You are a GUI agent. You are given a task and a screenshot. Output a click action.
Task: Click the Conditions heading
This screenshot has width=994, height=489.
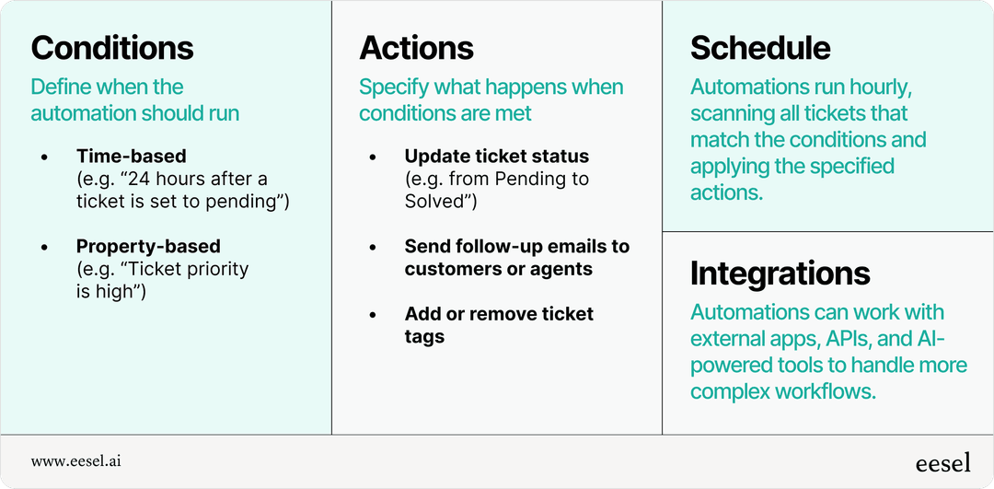(112, 48)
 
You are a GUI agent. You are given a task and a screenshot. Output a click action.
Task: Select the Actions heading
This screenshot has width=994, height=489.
(417, 48)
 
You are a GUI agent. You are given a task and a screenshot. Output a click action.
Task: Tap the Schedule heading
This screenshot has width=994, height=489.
(760, 48)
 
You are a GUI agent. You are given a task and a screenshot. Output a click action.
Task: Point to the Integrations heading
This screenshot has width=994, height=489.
(780, 273)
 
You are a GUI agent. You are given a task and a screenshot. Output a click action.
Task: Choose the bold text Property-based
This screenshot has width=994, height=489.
(148, 247)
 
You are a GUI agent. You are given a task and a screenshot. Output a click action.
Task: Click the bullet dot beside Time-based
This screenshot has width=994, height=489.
(45, 157)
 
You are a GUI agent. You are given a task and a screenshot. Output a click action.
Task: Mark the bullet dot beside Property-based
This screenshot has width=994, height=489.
(45, 248)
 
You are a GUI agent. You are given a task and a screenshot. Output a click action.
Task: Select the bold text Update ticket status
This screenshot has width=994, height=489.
(496, 157)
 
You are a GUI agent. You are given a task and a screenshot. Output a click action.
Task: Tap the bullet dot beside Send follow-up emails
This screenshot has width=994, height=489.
(373, 248)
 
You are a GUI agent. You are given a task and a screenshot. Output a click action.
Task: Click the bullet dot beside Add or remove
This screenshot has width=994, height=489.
(373, 315)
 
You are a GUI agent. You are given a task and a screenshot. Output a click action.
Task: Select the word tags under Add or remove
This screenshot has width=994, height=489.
(424, 337)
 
